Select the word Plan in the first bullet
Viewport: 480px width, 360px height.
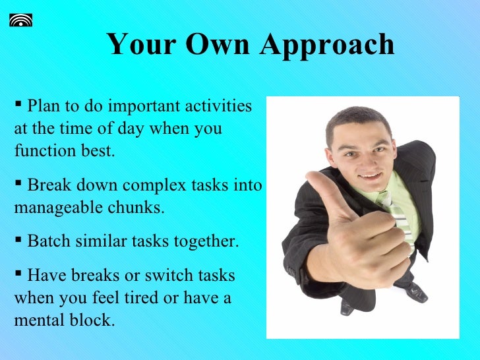click(x=44, y=105)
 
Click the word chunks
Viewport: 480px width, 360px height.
click(x=141, y=208)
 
